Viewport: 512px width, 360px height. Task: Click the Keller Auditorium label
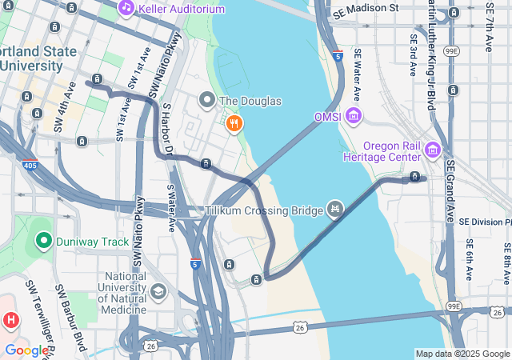(x=182, y=9)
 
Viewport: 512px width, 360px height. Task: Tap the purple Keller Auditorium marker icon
(x=126, y=8)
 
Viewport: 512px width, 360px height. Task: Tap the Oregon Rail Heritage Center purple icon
(x=433, y=150)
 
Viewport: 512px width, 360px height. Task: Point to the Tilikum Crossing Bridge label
(x=262, y=210)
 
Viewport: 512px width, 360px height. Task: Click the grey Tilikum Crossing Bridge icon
(x=335, y=210)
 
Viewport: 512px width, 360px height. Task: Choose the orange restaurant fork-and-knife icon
(x=234, y=123)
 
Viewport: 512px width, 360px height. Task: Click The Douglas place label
(x=250, y=102)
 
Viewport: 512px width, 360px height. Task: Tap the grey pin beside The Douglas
(x=207, y=101)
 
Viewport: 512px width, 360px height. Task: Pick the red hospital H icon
(x=10, y=321)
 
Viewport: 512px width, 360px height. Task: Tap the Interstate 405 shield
(x=30, y=166)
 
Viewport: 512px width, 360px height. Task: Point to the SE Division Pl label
(x=484, y=222)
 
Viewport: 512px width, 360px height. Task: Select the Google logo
(x=26, y=350)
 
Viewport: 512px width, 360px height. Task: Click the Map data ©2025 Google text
(x=462, y=354)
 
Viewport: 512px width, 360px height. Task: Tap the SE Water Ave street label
(x=358, y=76)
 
